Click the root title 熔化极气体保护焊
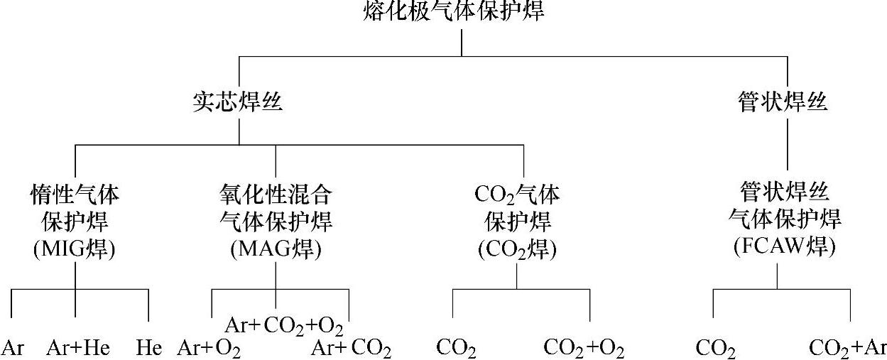point(455,11)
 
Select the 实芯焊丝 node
point(237,102)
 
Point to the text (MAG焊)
point(276,249)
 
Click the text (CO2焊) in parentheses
point(517,249)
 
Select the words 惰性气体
point(75,194)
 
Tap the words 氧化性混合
point(276,194)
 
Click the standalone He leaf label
point(149,348)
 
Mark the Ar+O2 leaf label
point(208,349)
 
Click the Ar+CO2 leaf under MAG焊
point(352,349)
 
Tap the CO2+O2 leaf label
point(584,349)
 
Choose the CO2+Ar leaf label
point(848,349)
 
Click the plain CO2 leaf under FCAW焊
point(715,349)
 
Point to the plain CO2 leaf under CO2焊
point(456,349)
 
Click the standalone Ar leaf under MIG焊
point(13,348)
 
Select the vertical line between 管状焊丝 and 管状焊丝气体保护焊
point(788,146)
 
